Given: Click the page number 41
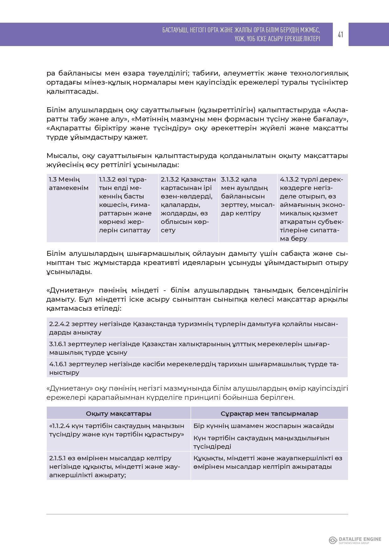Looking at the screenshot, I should [x=340, y=34].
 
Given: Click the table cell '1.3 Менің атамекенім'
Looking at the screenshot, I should [x=69, y=184].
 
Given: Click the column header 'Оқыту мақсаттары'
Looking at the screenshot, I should [x=118, y=414].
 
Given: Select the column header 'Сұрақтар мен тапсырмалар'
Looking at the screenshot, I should [x=269, y=414].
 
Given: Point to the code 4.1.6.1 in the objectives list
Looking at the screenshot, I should [x=57, y=364].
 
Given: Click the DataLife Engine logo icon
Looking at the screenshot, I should [x=333, y=540].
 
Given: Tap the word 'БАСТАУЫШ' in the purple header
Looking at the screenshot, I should [x=175, y=30].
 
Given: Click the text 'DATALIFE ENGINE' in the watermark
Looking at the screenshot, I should [x=360, y=539].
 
